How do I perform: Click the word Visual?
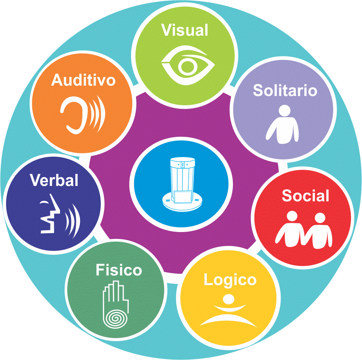click(x=185, y=30)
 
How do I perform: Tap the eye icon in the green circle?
click(x=188, y=66)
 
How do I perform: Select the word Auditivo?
click(x=83, y=80)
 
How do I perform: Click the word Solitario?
click(x=285, y=90)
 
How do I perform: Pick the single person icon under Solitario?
click(x=282, y=124)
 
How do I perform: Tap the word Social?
click(x=306, y=196)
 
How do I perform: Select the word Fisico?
click(x=119, y=270)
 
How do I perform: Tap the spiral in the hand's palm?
click(x=115, y=319)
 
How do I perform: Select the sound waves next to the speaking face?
click(x=73, y=221)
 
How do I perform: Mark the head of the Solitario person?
click(x=284, y=111)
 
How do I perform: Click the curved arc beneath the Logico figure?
click(x=228, y=320)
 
